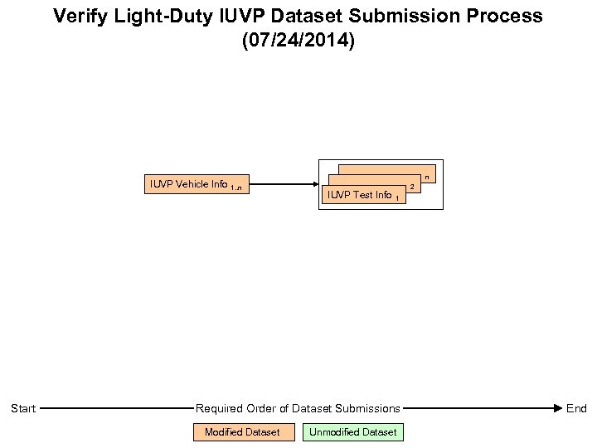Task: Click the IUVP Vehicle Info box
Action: tap(197, 184)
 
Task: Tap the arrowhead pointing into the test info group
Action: tap(315, 184)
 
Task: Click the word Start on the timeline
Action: tap(23, 408)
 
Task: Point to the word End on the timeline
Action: tap(576, 408)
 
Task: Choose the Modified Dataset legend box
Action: tap(243, 432)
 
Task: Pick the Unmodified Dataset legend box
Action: tap(352, 432)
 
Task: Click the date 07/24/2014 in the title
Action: tap(298, 41)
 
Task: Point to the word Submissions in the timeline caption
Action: tap(367, 408)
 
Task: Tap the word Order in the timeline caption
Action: tap(264, 408)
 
